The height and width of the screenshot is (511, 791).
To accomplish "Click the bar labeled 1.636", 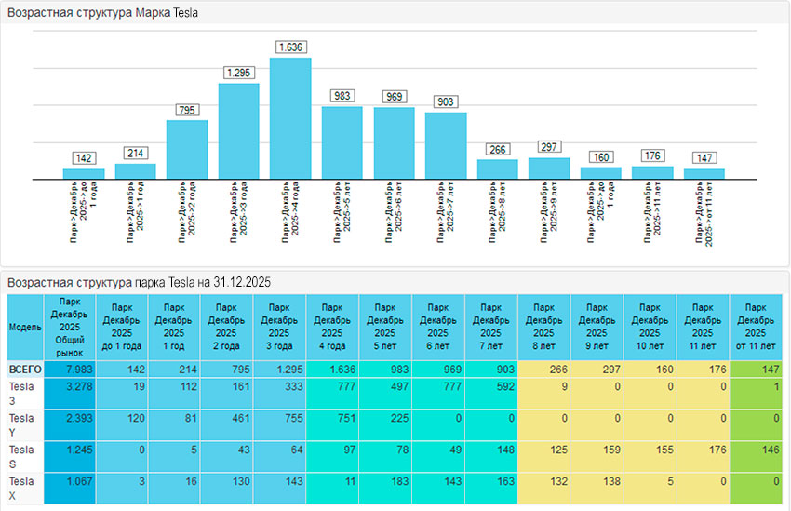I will [290, 118].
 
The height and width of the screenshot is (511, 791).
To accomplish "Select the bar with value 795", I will [187, 149].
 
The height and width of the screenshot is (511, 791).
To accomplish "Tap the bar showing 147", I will [704, 173].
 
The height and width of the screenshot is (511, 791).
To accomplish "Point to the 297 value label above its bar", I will [549, 147].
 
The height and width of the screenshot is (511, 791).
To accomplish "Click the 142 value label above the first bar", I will [84, 158].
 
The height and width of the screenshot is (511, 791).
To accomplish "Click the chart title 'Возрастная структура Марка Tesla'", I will [102, 14].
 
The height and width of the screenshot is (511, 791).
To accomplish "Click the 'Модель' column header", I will [25, 328].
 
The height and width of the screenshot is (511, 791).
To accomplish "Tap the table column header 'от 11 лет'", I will [756, 326].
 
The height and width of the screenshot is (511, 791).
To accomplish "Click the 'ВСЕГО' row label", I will [25, 370].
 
